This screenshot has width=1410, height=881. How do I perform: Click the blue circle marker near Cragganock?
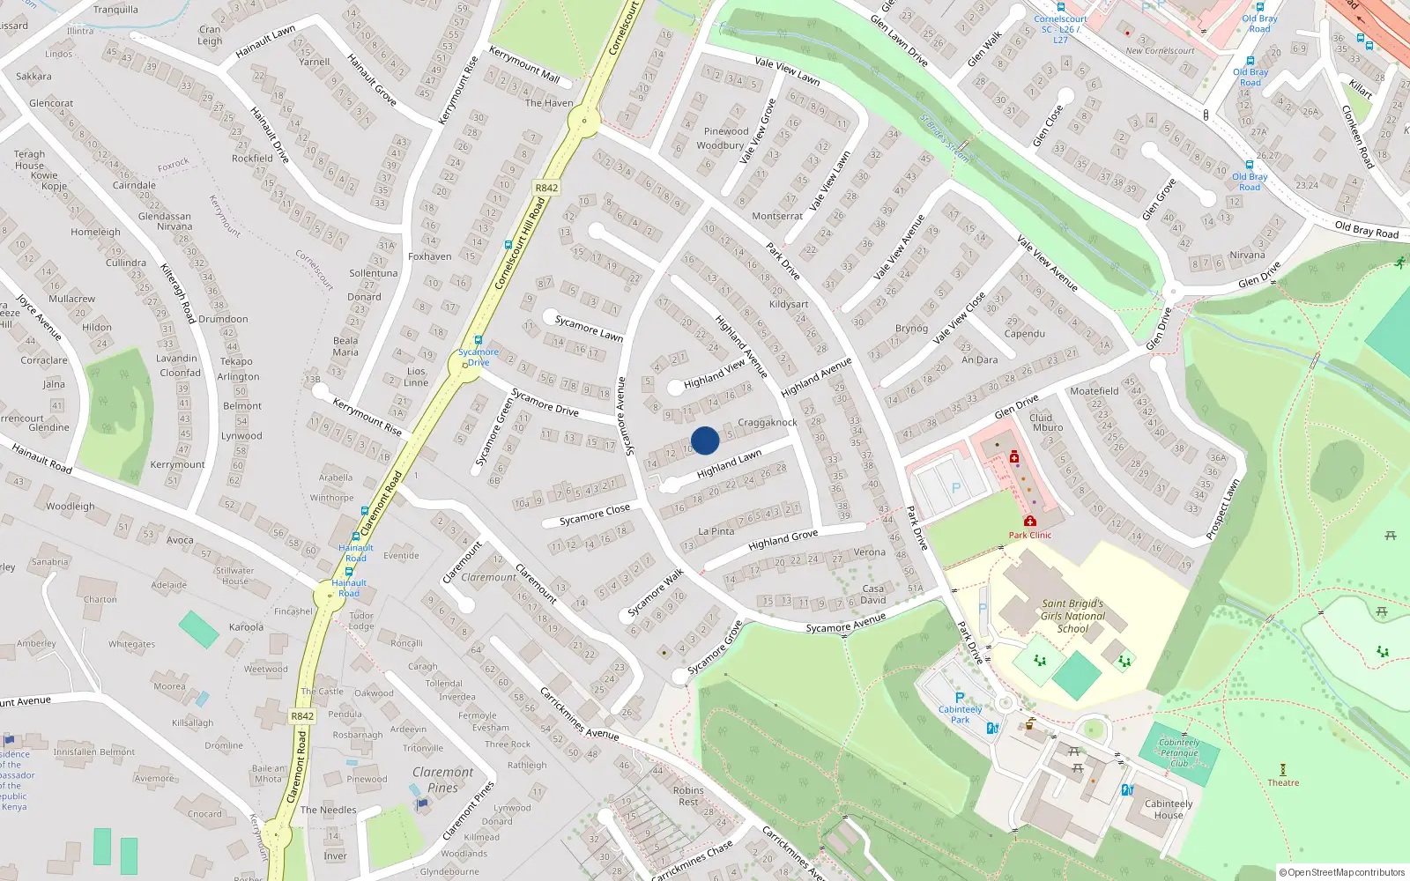click(705, 440)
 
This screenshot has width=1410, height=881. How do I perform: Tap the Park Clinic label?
click(1029, 535)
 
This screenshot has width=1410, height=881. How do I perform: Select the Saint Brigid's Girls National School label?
click(1072, 616)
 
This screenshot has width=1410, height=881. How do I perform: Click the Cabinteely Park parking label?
click(960, 714)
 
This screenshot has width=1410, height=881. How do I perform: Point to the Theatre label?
click(1283, 782)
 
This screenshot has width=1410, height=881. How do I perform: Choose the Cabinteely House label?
click(1169, 809)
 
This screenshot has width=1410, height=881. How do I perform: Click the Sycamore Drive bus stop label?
click(478, 357)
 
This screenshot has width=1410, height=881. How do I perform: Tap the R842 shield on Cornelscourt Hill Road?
click(546, 188)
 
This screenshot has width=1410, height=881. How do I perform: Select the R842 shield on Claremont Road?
click(302, 716)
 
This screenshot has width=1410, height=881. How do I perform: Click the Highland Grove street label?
click(783, 539)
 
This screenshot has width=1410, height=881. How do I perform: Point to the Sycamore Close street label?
click(595, 515)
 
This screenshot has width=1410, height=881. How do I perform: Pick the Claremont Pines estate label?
click(442, 780)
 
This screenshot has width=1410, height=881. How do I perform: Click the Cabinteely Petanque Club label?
click(1179, 752)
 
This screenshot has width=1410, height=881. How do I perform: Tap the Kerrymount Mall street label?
click(524, 64)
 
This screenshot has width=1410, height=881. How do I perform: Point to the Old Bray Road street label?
click(1366, 229)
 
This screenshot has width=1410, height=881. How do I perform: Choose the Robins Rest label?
click(688, 796)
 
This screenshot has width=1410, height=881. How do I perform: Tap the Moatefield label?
click(1094, 390)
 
